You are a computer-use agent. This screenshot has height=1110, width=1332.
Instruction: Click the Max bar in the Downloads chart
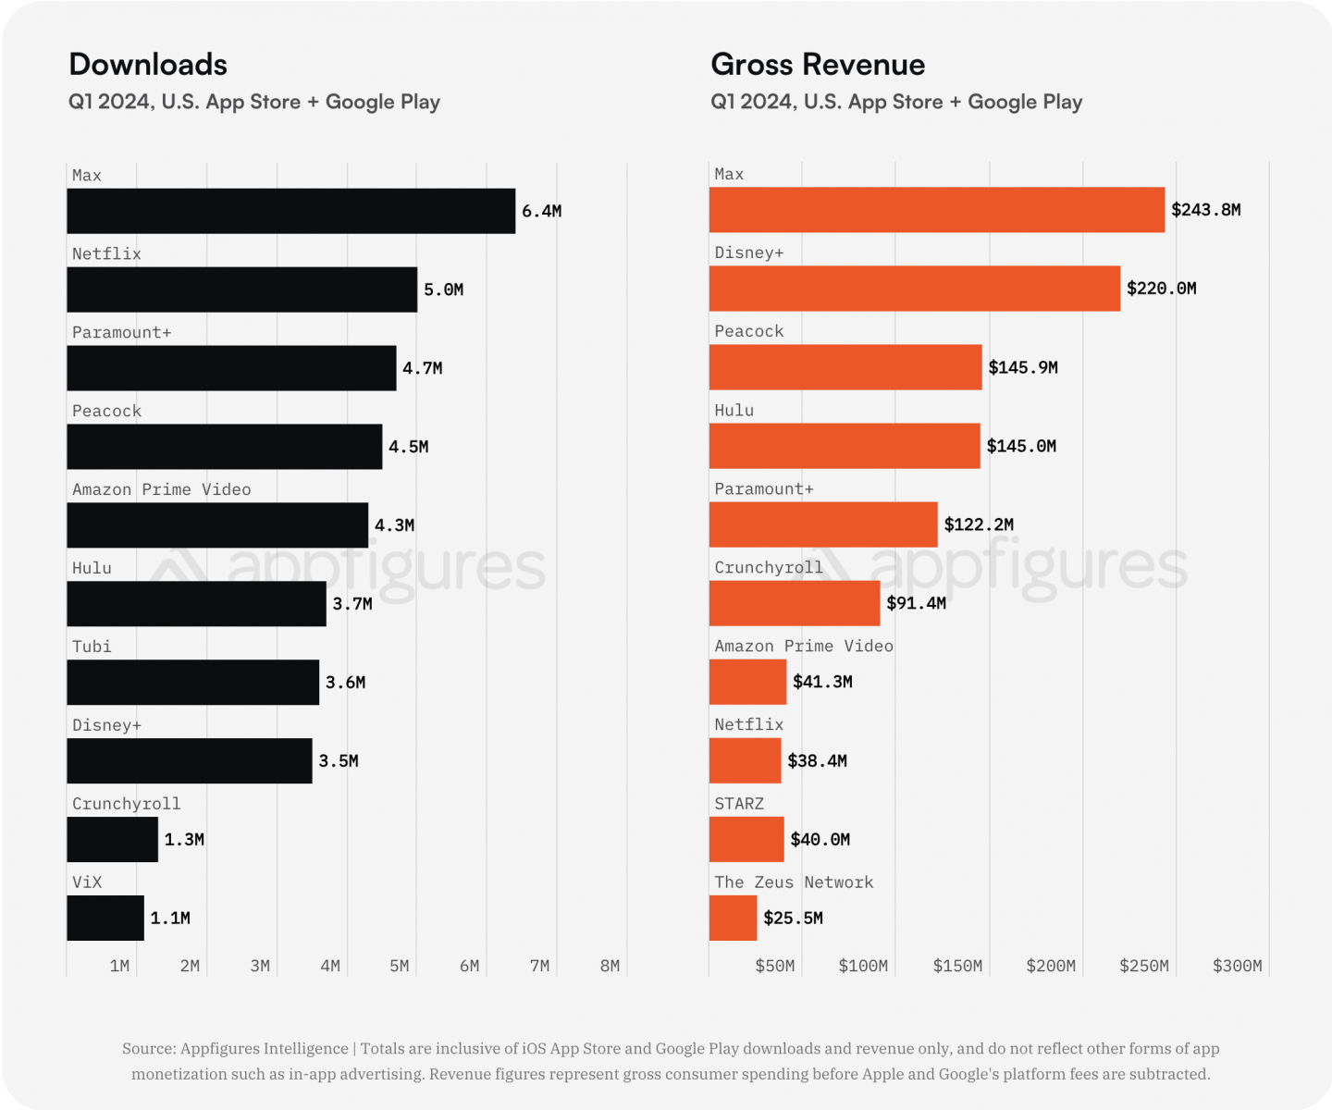pyautogui.click(x=290, y=211)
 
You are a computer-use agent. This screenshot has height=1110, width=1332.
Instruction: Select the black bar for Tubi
pyautogui.click(x=192, y=683)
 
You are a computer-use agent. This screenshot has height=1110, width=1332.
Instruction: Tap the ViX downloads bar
pyautogui.click(x=105, y=918)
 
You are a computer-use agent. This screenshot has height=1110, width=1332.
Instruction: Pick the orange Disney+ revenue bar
pyautogui.click(x=914, y=289)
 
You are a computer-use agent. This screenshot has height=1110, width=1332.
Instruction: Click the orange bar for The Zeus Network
pyautogui.click(x=733, y=918)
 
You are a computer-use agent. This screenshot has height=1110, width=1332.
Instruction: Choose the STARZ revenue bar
pyautogui.click(x=746, y=839)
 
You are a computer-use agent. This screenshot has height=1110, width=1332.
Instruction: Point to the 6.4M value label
pyautogui.click(x=541, y=211)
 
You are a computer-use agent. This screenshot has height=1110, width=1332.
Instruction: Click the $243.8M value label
pyautogui.click(x=1205, y=210)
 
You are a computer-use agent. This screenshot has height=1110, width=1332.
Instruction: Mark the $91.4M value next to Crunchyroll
pyautogui.click(x=916, y=603)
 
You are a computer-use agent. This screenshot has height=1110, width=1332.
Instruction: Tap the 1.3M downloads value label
pyautogui.click(x=184, y=839)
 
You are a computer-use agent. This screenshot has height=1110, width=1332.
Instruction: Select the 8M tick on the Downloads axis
pyautogui.click(x=610, y=966)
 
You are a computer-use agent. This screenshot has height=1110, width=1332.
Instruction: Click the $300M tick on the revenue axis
pyautogui.click(x=1237, y=966)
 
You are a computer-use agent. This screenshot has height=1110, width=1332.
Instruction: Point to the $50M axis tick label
pyautogui.click(x=774, y=966)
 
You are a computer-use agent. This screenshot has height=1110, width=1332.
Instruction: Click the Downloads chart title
pyautogui.click(x=148, y=65)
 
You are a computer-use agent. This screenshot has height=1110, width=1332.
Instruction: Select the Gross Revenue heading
pyautogui.click(x=818, y=65)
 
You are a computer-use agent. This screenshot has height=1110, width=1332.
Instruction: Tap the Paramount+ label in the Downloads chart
pyautogui.click(x=121, y=332)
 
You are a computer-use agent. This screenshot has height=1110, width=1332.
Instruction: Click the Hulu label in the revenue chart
pyautogui.click(x=734, y=410)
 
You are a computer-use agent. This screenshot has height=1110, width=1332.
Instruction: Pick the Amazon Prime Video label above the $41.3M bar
pyautogui.click(x=803, y=646)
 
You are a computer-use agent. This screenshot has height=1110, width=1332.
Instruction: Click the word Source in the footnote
pyautogui.click(x=148, y=1048)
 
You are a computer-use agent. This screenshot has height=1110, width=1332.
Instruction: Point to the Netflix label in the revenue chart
pyautogui.click(x=748, y=724)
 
